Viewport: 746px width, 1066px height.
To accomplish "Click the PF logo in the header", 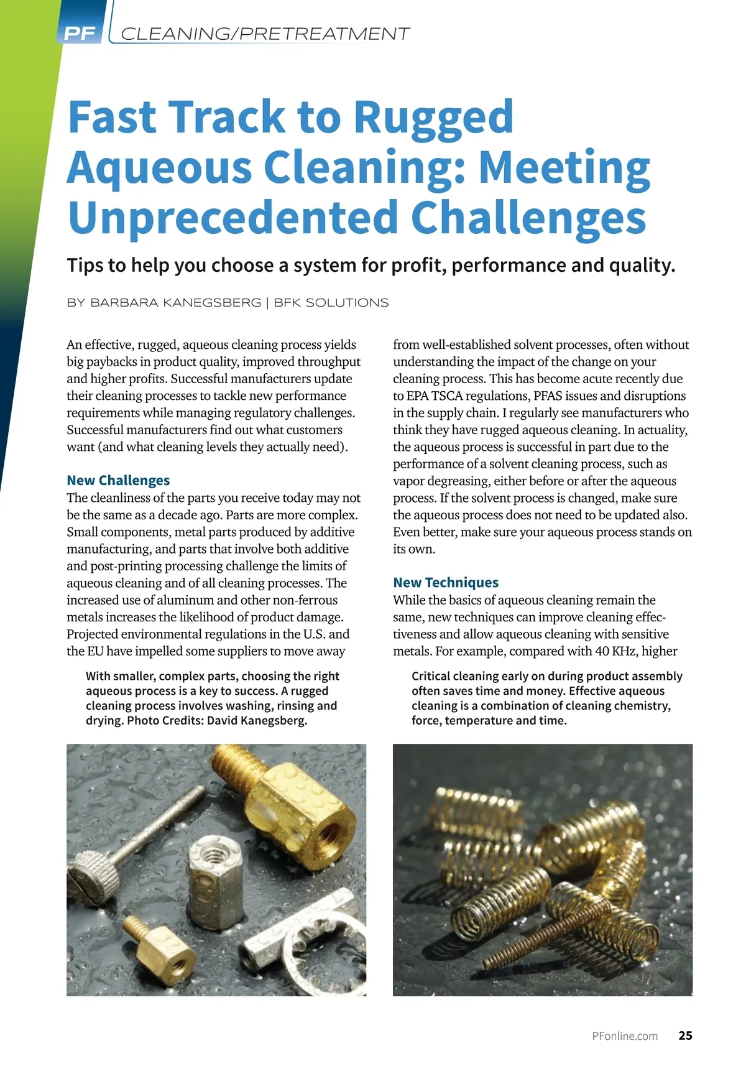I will click(x=80, y=33).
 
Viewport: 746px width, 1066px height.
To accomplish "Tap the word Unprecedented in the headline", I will click(x=233, y=218).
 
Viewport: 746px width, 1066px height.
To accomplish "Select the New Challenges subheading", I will click(x=118, y=480).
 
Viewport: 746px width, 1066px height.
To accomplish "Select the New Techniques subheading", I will click(x=446, y=582).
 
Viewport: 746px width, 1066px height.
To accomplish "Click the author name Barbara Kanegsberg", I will click(x=176, y=303).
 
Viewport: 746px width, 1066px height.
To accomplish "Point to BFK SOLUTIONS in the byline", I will click(x=331, y=303).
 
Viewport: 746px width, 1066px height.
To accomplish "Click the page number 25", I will click(x=685, y=1036).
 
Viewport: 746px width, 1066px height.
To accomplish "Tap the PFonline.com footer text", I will click(x=625, y=1036).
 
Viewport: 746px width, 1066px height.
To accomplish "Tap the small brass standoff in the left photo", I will click(x=159, y=948).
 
